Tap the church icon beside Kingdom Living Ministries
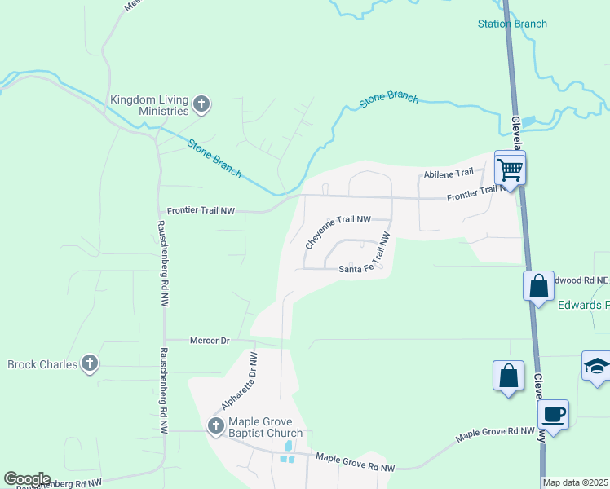201,104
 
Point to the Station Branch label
512,24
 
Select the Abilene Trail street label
449,174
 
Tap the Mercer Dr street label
210,340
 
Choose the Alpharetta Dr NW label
240,381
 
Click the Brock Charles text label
42,363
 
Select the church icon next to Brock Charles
90,363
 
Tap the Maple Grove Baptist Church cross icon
216,425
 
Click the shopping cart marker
510,170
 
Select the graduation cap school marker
596,366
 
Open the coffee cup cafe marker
553,414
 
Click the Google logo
27,479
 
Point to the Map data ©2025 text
576,482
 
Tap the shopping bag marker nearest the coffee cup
508,377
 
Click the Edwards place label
583,305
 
